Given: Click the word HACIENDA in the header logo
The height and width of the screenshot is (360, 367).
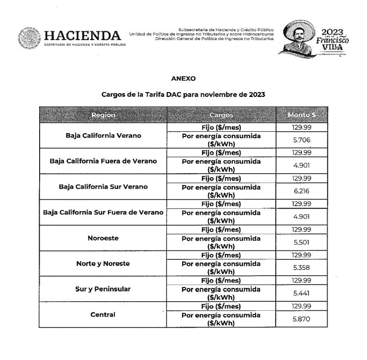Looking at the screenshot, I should coord(82,35).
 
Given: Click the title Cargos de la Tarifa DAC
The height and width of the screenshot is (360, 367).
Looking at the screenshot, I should coord(183,95).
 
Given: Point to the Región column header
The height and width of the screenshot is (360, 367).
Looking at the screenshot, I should coord(103,116).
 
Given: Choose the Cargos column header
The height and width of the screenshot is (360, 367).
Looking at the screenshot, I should coord(221,116).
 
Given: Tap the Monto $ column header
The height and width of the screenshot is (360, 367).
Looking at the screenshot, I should coord(302,116).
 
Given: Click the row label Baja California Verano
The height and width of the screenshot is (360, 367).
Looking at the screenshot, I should coord(103,135).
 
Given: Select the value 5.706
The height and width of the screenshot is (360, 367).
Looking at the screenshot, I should coord(302,139).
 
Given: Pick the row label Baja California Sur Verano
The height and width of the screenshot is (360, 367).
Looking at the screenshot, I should coord(103,186).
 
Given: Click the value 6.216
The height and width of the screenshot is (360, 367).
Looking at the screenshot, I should coord(302,191).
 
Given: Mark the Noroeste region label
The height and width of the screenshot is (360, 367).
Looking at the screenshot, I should coord(103,237).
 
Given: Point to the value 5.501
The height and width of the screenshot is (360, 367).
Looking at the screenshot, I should coord(302,242).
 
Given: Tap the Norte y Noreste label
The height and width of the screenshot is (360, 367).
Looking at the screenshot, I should coord(103,263).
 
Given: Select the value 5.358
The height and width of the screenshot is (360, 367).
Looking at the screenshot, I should coord(302,267).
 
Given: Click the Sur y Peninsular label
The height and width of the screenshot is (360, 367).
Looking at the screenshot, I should coord(103,289).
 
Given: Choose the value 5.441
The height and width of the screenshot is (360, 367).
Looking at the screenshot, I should coord(302,293).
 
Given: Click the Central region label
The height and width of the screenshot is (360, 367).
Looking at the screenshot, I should coord(103,314).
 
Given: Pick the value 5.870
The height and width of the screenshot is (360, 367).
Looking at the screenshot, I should coord(302,319).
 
